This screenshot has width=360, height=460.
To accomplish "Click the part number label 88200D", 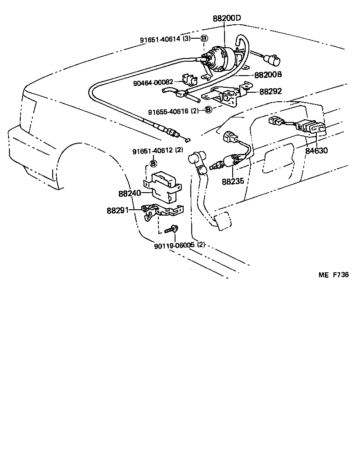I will point(227,18).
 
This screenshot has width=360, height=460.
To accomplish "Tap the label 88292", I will point(270,91).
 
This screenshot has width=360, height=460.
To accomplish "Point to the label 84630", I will point(317,151).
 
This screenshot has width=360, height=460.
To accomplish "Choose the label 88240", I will point(130,194).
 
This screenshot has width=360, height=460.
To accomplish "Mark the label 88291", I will point(118,210).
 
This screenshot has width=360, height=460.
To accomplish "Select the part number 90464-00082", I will point(153,82).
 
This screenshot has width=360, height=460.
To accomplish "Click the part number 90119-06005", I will point(173,245).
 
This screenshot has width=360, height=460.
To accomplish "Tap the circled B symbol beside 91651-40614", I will point(203,39).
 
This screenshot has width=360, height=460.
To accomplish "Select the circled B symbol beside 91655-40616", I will point(208,110).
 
